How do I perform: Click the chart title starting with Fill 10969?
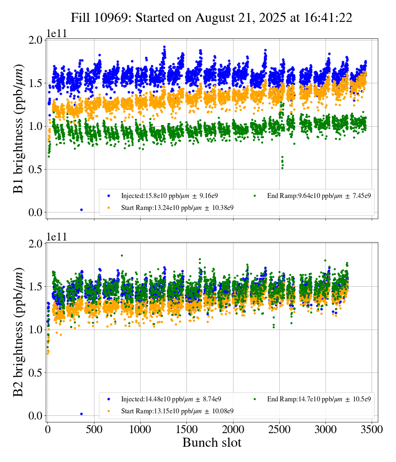211,18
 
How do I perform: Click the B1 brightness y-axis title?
19,129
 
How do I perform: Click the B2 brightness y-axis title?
19,332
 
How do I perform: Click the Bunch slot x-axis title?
212,443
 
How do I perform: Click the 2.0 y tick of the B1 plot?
35,40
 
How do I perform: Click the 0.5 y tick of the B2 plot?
35,373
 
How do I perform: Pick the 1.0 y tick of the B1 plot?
35,126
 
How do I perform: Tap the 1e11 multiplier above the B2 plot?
57,237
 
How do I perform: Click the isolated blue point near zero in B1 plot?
81,210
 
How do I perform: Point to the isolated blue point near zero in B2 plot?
81,414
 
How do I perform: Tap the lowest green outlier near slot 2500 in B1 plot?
282,168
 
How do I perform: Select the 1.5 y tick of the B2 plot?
35,287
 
